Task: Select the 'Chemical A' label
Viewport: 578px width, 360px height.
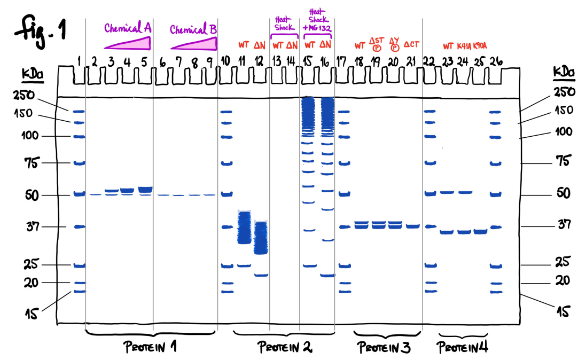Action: tap(128, 27)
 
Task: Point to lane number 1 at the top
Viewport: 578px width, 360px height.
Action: tap(79, 61)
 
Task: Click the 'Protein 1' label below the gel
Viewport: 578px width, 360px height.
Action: tap(150, 347)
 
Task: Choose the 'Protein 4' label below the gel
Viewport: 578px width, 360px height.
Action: tap(463, 348)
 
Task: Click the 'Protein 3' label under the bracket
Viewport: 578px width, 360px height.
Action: tap(384, 348)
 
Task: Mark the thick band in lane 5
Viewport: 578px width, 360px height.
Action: tap(145, 190)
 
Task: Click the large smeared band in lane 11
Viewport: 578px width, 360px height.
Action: tap(244, 228)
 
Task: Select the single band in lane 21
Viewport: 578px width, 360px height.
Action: tap(412, 226)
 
